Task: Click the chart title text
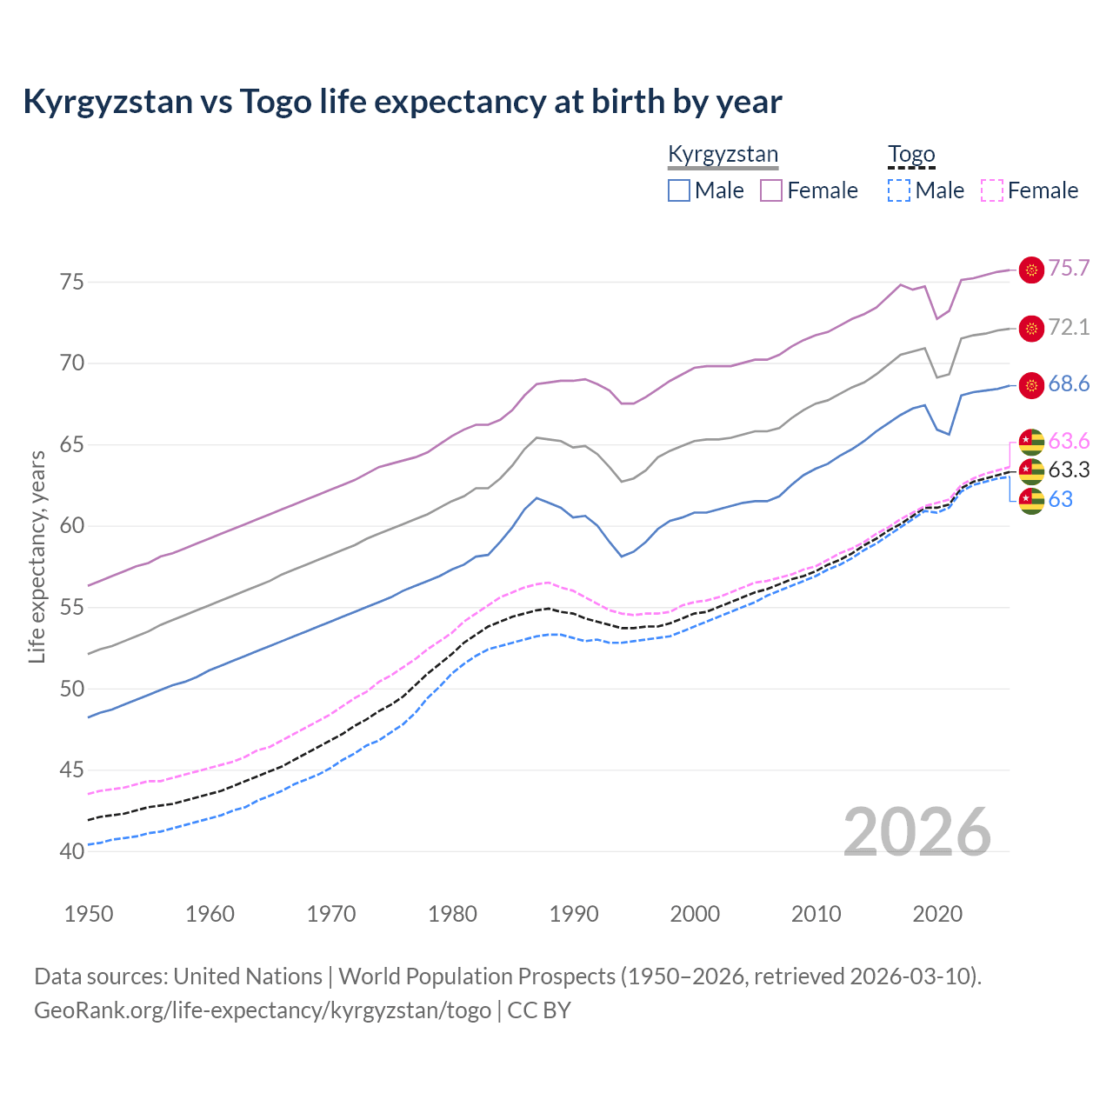[403, 102]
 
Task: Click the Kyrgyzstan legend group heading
[723, 155]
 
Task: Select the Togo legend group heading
[911, 155]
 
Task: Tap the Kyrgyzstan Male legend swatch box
[679, 190]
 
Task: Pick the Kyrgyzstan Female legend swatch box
[771, 190]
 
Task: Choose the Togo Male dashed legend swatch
[899, 190]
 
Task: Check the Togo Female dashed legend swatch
[992, 190]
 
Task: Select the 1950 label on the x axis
[89, 914]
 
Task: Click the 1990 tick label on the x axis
[574, 914]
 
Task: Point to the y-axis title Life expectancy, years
[37, 556]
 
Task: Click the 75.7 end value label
[1069, 269]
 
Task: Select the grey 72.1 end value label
[1069, 327]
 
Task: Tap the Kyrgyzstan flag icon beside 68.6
[1031, 385]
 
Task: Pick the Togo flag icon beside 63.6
[1031, 442]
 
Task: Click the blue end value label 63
[1060, 499]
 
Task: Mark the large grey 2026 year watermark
[916, 832]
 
